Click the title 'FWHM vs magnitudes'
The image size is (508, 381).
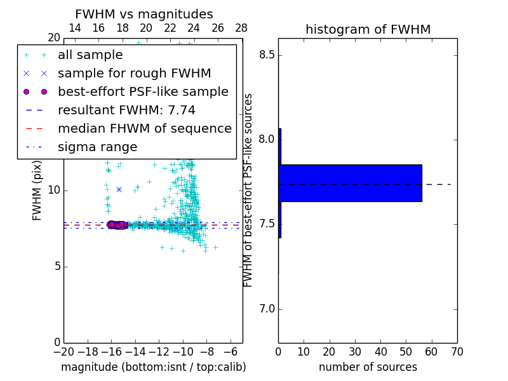[144, 14]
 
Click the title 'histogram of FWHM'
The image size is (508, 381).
[368, 29]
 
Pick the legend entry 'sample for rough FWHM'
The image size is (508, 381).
[134, 73]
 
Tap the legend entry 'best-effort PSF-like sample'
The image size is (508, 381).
[143, 91]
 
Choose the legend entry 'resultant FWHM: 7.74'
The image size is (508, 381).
[126, 110]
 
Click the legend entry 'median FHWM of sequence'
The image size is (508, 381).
[144, 128]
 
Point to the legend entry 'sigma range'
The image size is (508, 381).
[97, 147]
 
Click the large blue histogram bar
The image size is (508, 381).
[350, 183]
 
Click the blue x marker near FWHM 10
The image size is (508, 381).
[119, 189]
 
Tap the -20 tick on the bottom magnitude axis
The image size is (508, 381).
[63, 352]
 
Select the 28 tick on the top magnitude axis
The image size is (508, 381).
[242, 28]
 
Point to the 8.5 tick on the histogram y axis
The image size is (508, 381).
[266, 55]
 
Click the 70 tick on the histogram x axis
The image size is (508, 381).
[457, 352]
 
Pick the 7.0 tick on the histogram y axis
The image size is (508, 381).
[266, 309]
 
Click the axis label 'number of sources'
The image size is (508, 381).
[368, 367]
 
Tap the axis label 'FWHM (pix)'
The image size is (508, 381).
[37, 189]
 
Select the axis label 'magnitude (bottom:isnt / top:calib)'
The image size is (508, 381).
[153, 367]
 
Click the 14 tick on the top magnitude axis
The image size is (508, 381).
[75, 28]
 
